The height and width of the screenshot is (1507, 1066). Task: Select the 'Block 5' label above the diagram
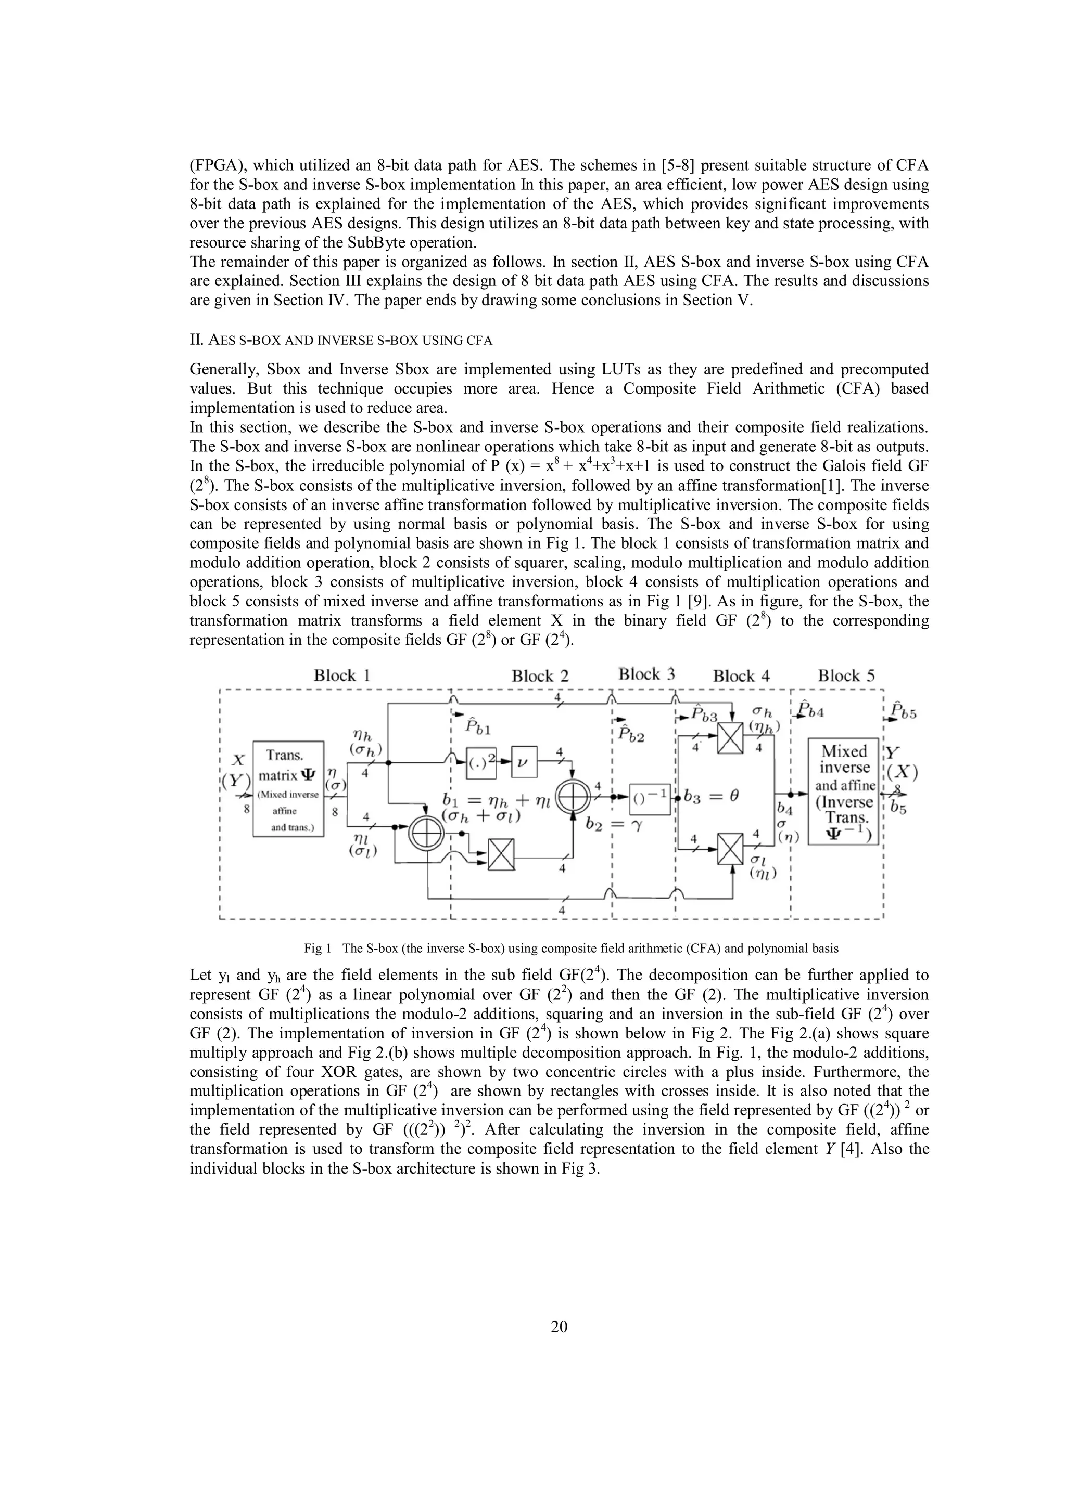(846, 675)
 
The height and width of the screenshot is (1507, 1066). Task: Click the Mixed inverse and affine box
(843, 791)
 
